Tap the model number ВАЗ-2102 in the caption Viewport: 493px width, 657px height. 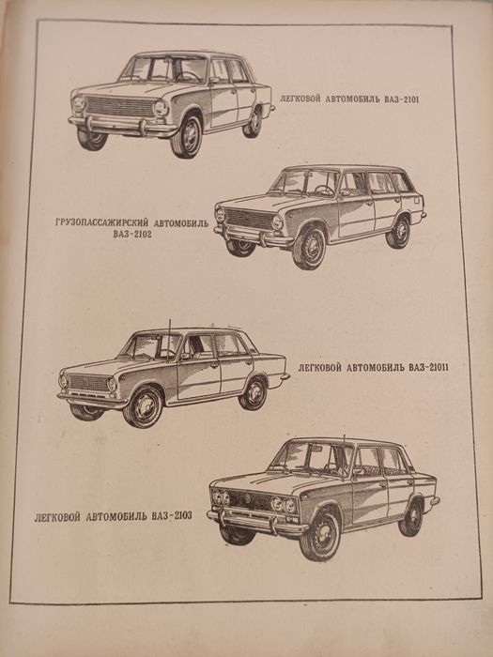tap(132, 235)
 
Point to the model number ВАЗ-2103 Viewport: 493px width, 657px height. tap(172, 516)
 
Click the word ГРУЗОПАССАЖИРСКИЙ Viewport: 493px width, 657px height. tap(101, 223)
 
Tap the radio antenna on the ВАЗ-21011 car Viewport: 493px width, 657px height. tap(169, 340)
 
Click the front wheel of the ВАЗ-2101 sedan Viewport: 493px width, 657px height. tap(187, 136)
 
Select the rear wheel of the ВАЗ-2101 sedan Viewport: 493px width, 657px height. tap(253, 122)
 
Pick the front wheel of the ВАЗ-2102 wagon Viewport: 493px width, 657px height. tap(309, 247)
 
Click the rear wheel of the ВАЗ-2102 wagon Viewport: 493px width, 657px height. tap(398, 232)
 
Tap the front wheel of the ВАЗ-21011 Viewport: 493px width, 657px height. tap(144, 406)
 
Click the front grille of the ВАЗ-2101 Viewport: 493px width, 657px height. tap(120, 107)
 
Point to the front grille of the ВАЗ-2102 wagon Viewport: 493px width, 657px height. tap(249, 220)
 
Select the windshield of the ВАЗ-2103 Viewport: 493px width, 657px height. tap(309, 458)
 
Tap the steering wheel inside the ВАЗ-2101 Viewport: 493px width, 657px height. tap(188, 77)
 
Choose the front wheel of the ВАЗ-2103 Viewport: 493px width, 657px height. tap(320, 536)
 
